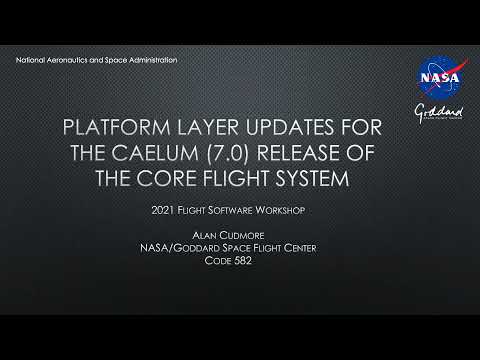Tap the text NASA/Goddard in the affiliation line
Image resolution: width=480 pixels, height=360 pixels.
(x=200, y=250)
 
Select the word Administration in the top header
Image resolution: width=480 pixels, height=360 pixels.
(x=151, y=61)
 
